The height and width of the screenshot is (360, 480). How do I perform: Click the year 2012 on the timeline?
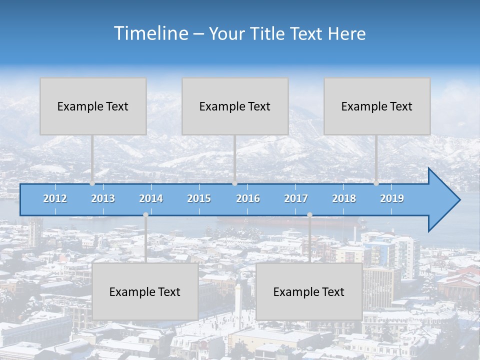55,198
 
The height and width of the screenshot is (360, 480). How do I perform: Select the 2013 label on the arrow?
103,198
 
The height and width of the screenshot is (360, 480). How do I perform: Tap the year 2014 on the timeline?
151,198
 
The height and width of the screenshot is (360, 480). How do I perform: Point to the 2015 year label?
199,198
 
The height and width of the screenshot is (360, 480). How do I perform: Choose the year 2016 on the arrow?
248,198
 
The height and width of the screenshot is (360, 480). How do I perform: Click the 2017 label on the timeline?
296,198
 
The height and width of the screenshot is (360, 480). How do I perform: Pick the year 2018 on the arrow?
344,198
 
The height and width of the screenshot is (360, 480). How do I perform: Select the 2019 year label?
392,198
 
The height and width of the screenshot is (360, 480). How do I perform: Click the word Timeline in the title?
150,33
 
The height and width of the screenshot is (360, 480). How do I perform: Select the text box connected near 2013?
93,106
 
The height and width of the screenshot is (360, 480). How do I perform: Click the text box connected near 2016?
235,106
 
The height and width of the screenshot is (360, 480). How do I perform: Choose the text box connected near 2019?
377,106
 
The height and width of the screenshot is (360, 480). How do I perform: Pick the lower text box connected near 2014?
145,291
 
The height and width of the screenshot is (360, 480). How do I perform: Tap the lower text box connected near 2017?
309,291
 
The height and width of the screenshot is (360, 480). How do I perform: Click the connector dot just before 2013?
92,183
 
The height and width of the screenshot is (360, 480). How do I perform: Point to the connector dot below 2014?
145,215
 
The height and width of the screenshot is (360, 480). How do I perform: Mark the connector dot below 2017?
309,215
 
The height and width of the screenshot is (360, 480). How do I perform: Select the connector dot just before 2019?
376,183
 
